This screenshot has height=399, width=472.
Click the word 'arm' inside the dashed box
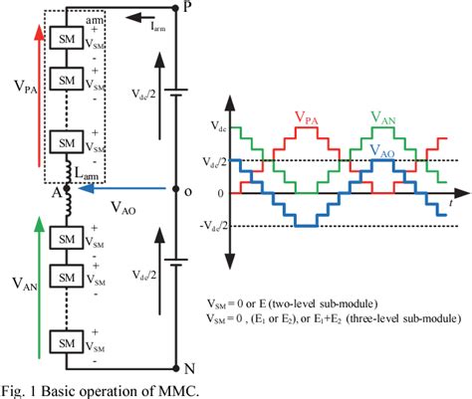tap(95, 19)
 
